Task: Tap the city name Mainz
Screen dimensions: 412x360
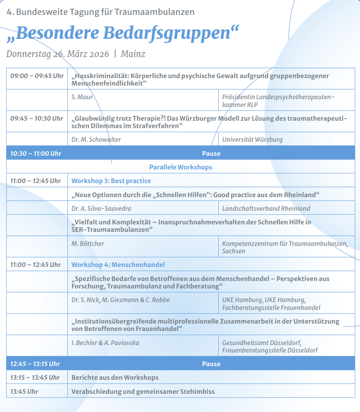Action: [x=133, y=54]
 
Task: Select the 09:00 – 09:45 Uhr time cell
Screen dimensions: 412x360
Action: [x=37, y=76]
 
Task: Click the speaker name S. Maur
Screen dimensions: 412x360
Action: [x=82, y=97]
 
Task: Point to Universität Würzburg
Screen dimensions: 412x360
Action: [x=252, y=139]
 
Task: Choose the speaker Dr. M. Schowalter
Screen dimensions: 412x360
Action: [x=96, y=139]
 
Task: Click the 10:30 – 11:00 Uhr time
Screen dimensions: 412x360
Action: [x=36, y=153]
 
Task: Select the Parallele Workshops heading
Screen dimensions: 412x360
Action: [x=181, y=167]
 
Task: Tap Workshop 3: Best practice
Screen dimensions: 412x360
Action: [x=111, y=181]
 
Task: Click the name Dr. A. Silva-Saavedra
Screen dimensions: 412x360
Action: [x=101, y=208]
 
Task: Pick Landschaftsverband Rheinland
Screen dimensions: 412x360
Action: [x=266, y=208]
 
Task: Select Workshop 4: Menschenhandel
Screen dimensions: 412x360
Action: [x=118, y=264]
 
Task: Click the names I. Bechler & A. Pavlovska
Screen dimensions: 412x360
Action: [x=105, y=343]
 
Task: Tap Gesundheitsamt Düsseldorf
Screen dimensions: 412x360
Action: [x=262, y=343]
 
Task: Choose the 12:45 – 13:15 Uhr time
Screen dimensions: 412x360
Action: [x=35, y=364]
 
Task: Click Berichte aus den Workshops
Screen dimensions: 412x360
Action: [x=115, y=377]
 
